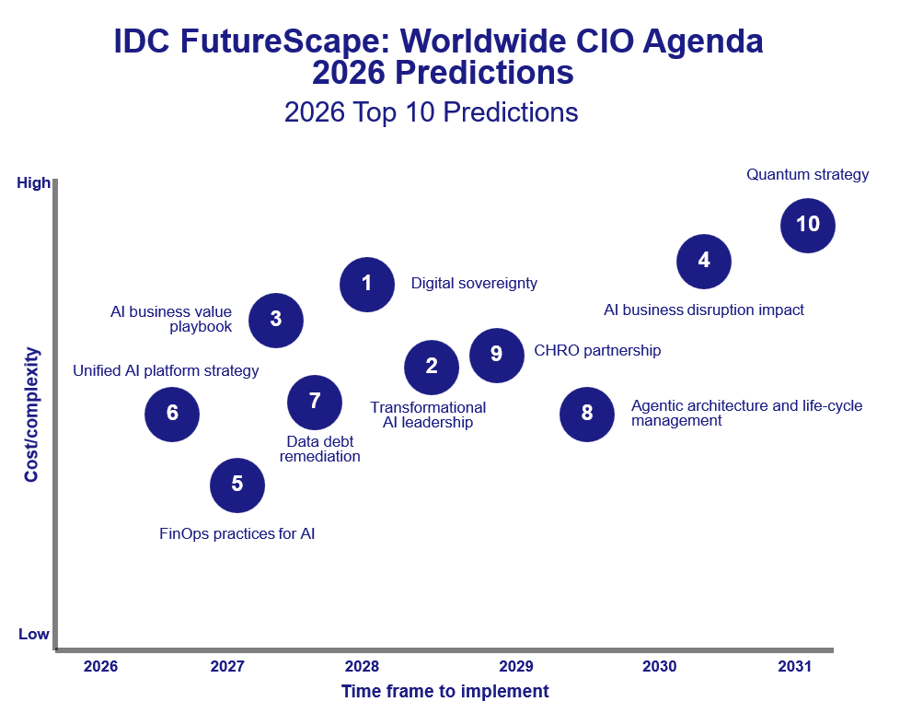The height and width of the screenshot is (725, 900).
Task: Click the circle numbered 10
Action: pos(807,224)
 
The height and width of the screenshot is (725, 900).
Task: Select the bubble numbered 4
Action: pos(704,261)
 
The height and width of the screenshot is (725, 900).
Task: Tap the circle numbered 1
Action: pos(366,284)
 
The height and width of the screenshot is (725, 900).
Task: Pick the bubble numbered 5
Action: pos(237,485)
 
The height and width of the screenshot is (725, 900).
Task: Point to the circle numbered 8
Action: pos(587,413)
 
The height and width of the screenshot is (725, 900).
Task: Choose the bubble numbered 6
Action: pos(172,414)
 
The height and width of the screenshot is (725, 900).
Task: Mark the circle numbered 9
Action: pos(497,354)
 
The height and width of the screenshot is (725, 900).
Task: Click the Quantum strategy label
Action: pos(807,174)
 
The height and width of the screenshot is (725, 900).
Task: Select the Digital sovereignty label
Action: pos(474,284)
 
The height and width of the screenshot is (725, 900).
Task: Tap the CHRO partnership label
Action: pos(597,351)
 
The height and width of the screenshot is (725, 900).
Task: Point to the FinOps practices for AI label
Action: pos(237,533)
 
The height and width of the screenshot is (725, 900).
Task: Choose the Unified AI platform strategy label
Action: pos(166,371)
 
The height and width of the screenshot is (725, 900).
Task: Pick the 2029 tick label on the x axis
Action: pos(515,666)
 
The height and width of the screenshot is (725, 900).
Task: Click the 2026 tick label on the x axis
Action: pos(100,666)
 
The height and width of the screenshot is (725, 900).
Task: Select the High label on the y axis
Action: pos(34,183)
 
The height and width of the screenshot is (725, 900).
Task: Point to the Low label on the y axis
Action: pos(34,634)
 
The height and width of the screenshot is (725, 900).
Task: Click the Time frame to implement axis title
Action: pos(444,691)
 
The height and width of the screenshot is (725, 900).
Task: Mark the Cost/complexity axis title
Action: pos(32,415)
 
